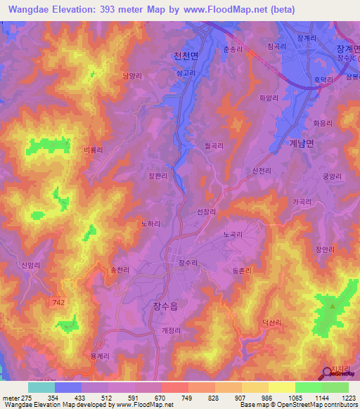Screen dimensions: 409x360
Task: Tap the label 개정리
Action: [x=171, y=330]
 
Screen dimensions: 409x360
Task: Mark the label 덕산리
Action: [x=272, y=322]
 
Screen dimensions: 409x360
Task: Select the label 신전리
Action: [x=252, y=171]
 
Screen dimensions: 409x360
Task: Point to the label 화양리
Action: [x=269, y=99]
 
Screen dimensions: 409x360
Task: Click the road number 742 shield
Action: [x=61, y=301]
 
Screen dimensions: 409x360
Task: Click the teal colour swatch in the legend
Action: [x=41, y=387]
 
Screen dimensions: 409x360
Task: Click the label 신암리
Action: [x=30, y=265]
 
